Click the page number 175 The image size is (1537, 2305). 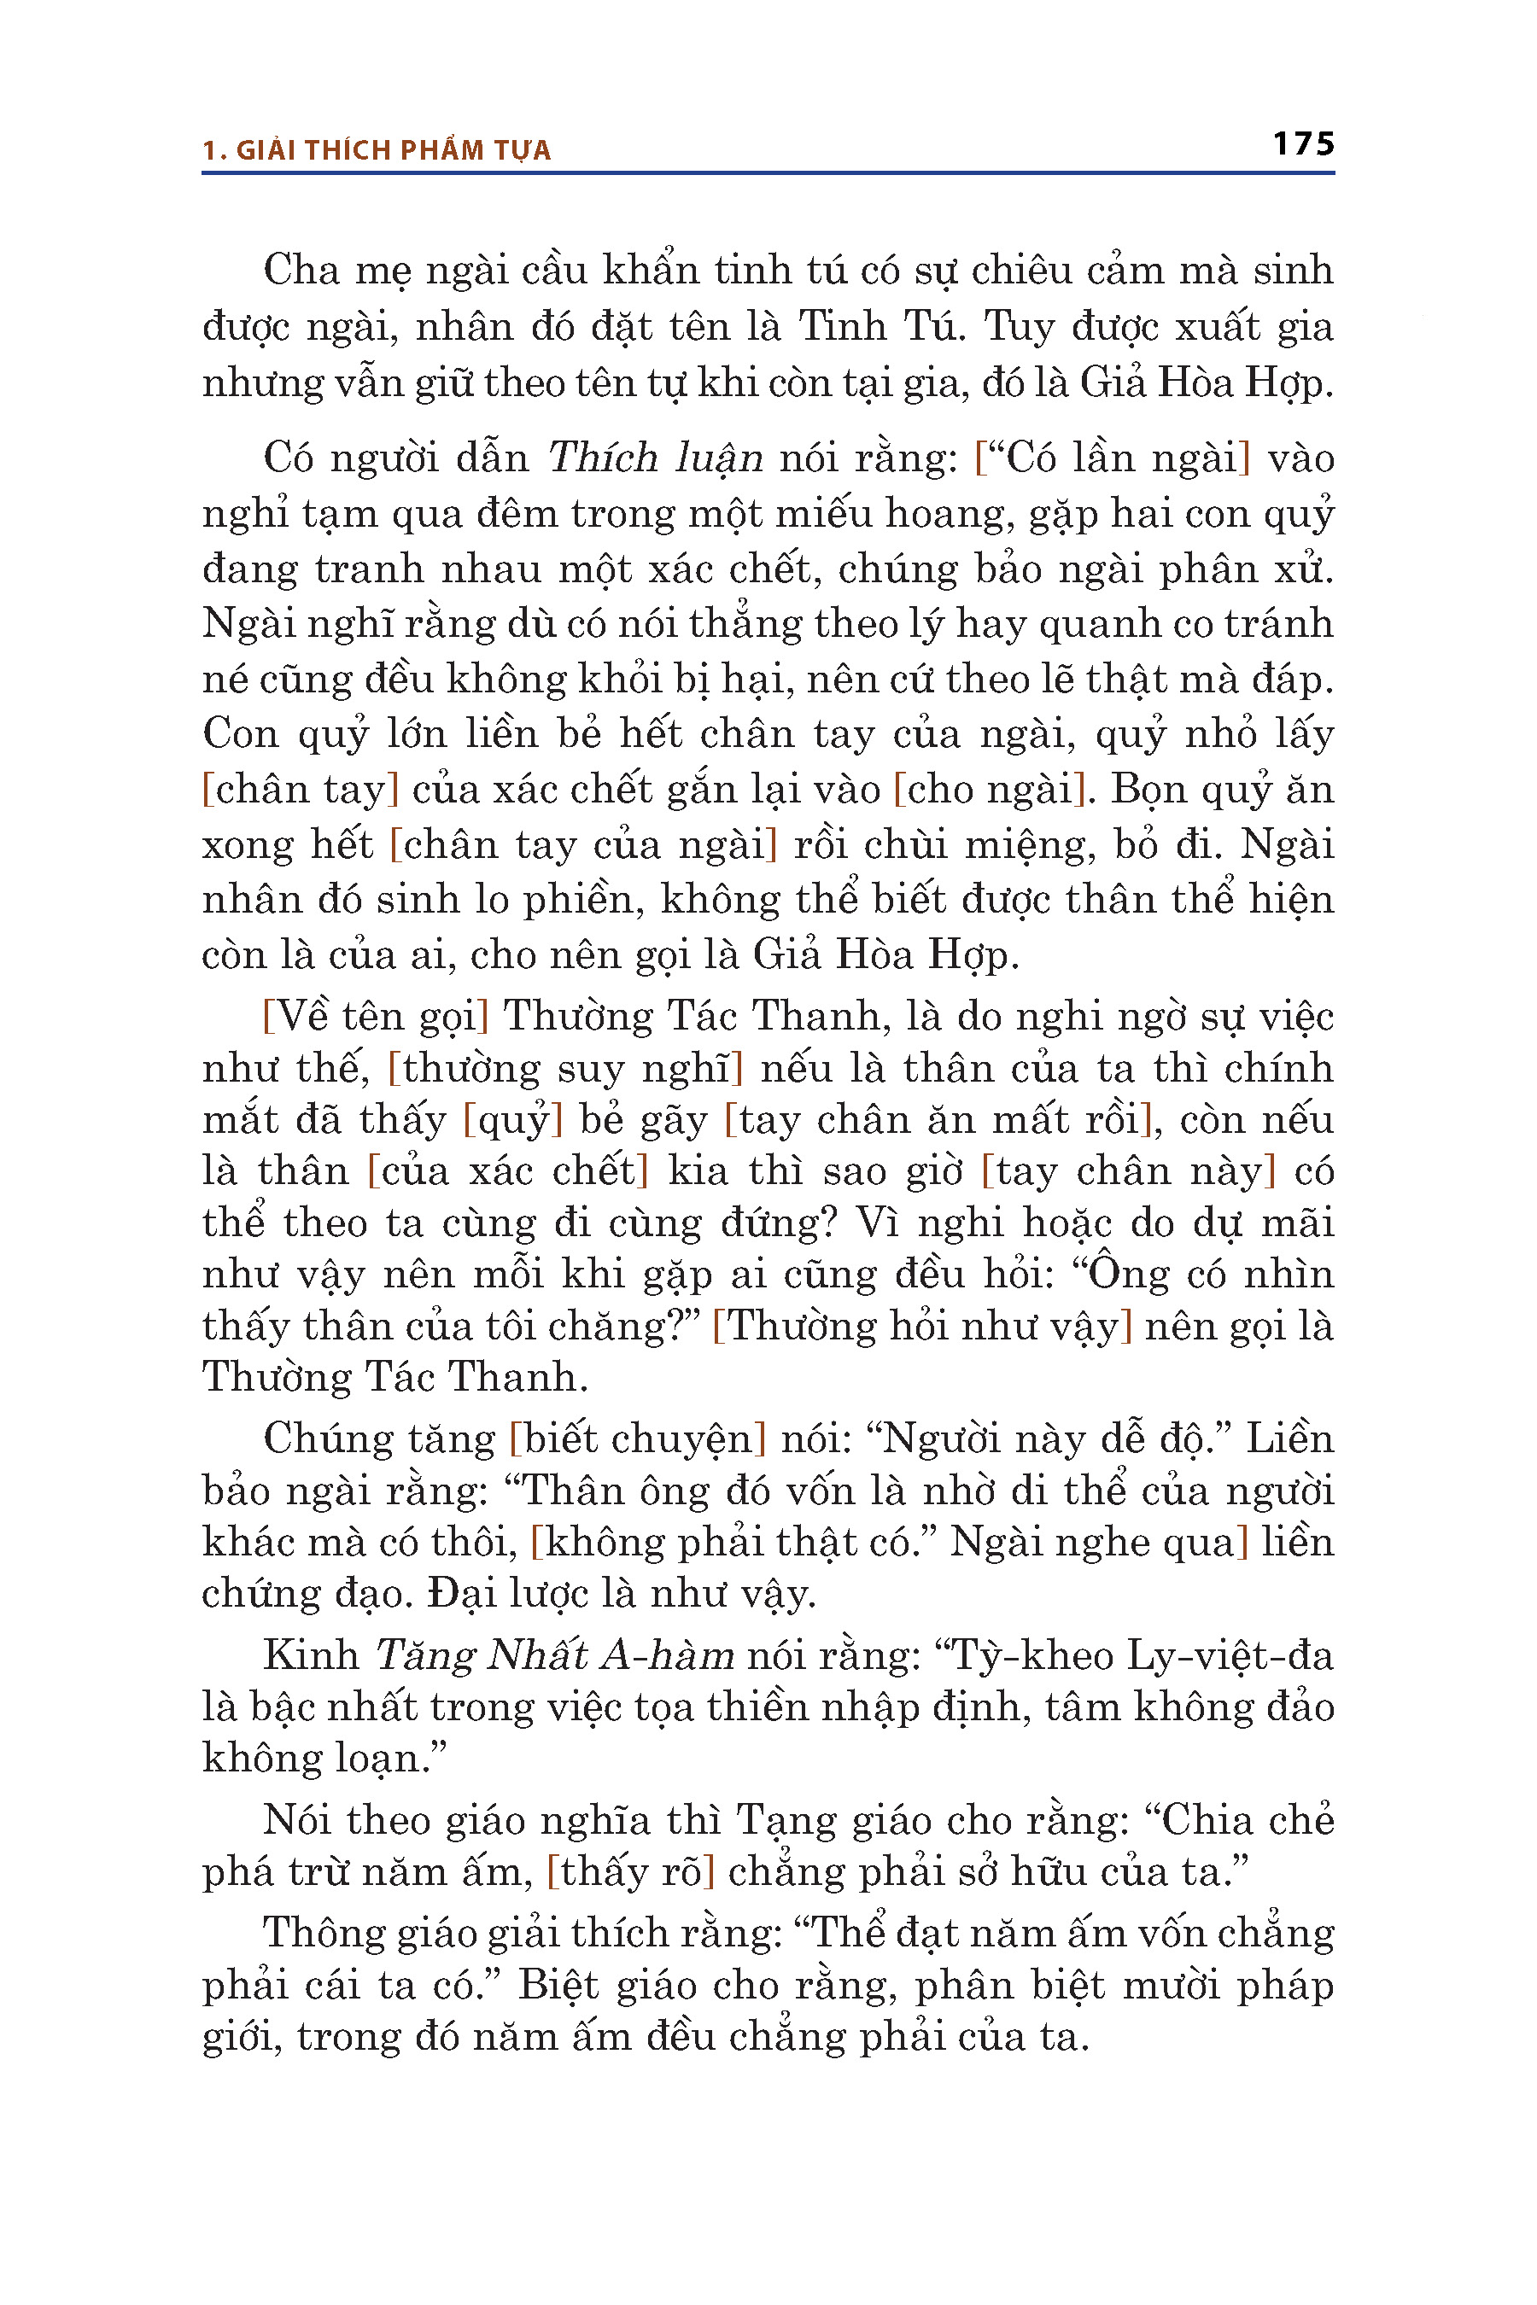click(x=1303, y=144)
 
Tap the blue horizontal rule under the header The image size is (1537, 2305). click(x=768, y=173)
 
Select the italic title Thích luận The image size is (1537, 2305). click(x=655, y=458)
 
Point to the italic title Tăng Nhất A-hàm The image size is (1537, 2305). click(x=555, y=1655)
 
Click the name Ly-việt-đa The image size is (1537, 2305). click(x=1230, y=1655)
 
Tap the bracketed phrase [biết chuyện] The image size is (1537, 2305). click(x=637, y=1438)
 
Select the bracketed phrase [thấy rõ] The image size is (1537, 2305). click(x=630, y=1872)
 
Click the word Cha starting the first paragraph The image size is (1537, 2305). click(x=300, y=271)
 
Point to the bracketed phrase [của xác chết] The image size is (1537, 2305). click(x=508, y=1171)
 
